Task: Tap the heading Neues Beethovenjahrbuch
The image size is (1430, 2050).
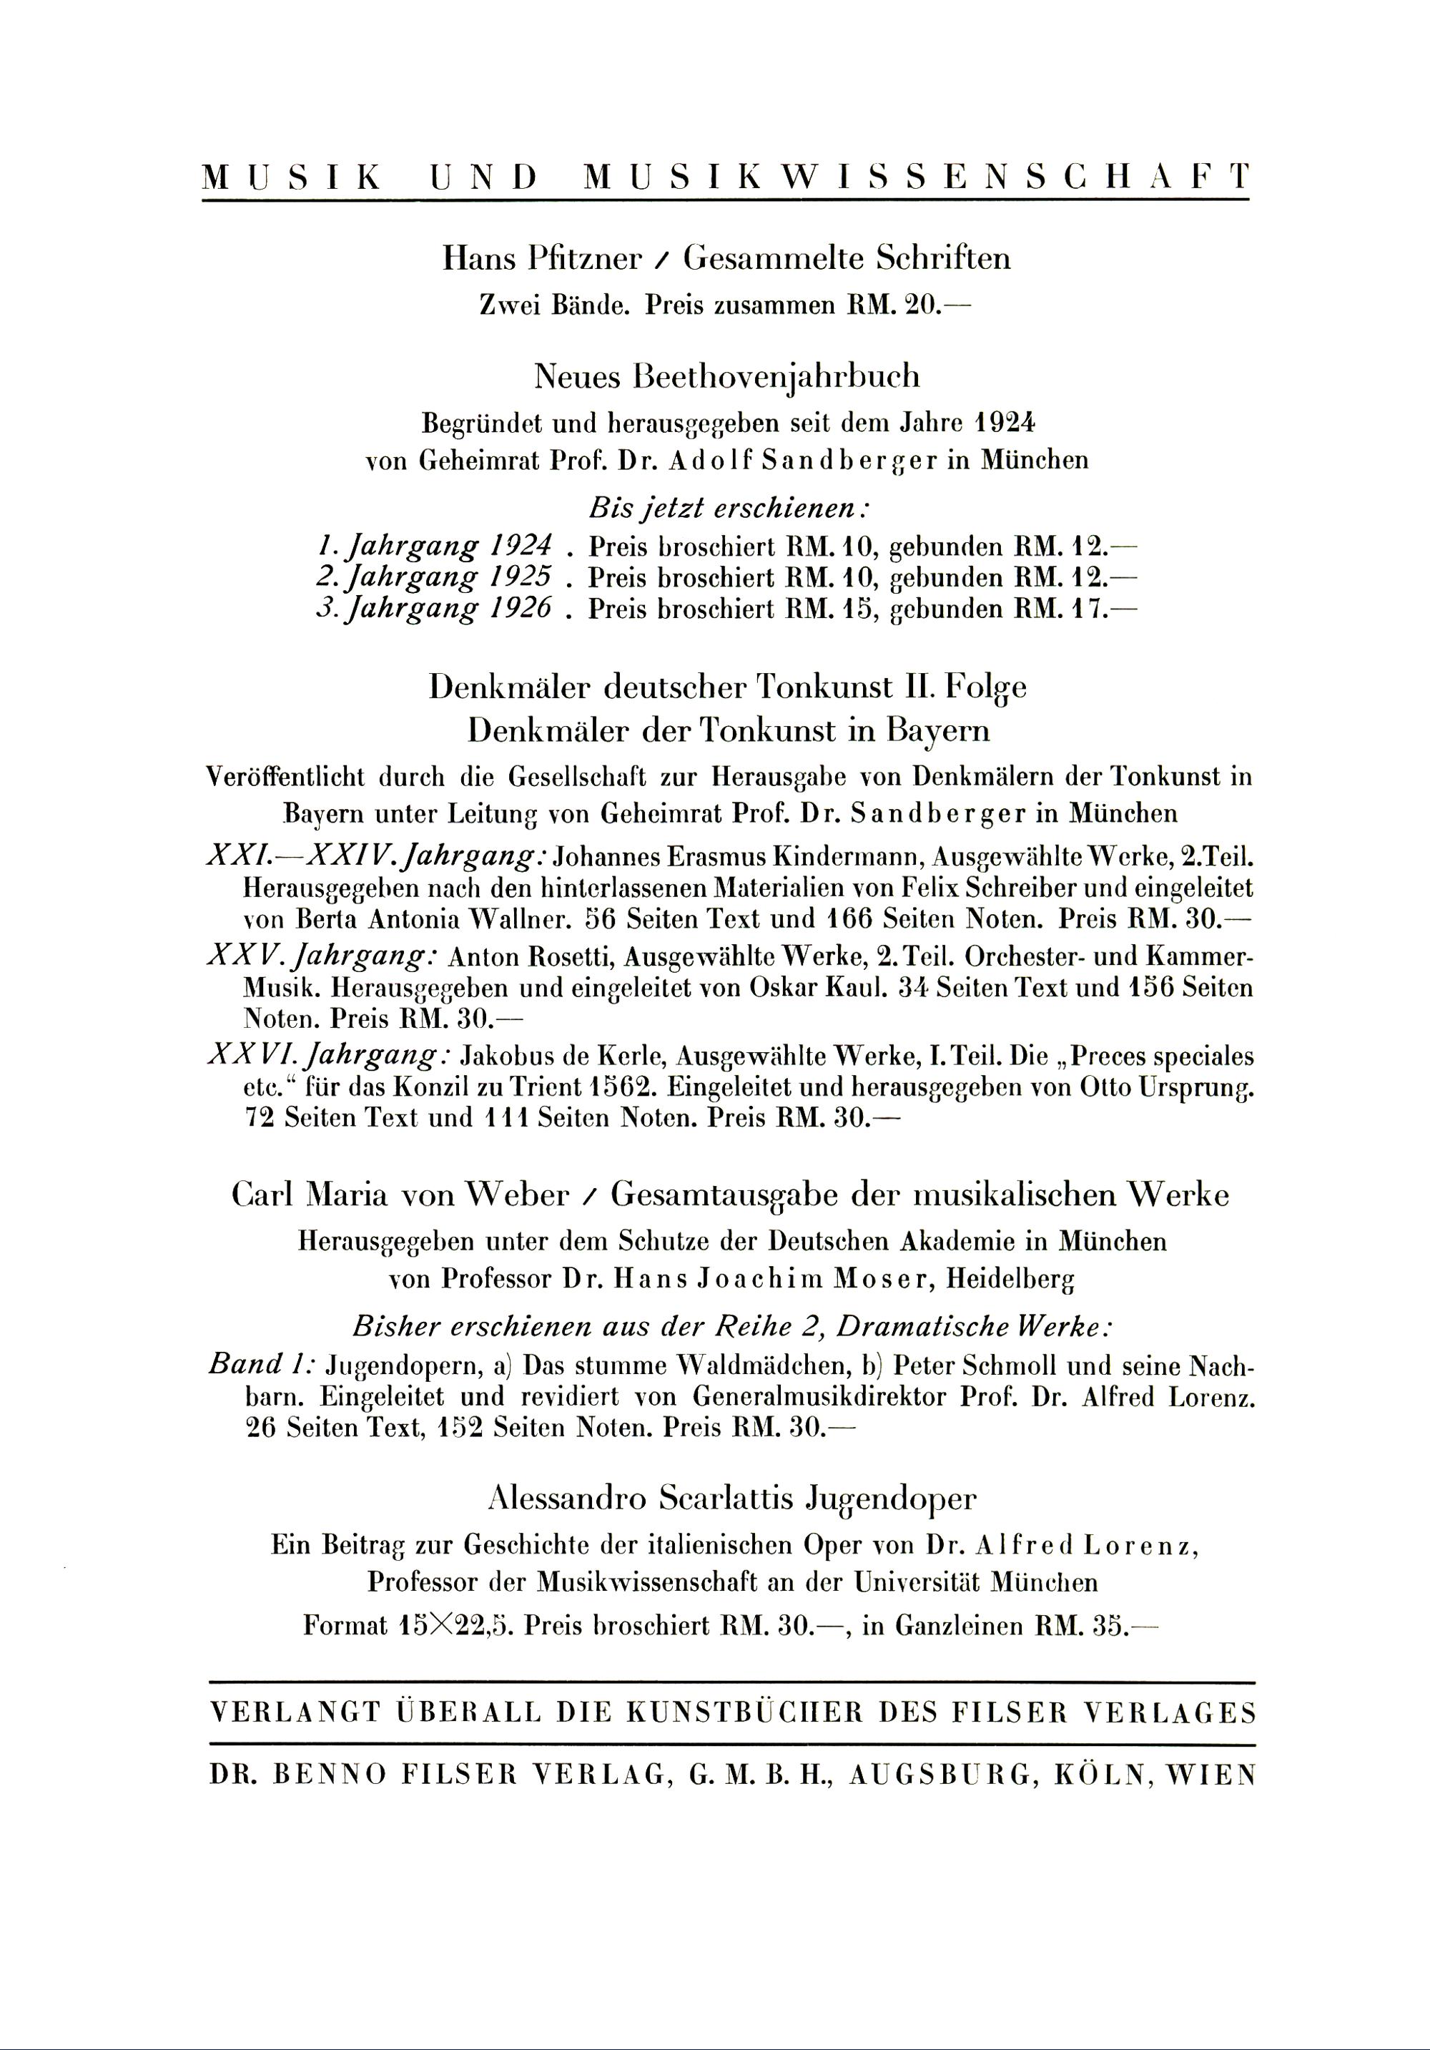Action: pyautogui.click(x=726, y=377)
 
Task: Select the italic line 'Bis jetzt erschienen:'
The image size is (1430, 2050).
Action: pyautogui.click(x=729, y=509)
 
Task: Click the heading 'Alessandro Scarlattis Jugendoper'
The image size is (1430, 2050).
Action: pyautogui.click(x=732, y=1497)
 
